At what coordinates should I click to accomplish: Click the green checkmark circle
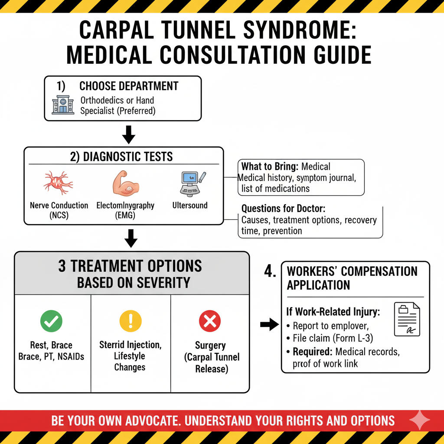51,321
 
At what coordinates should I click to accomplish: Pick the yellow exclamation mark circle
130,321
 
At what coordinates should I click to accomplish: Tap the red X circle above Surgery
210,321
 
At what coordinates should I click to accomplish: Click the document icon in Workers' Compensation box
407,319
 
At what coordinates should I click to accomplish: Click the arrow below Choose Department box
129,136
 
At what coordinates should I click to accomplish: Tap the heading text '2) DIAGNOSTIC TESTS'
121,156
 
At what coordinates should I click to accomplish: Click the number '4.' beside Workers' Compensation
270,272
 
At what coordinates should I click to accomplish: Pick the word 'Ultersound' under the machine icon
190,205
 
